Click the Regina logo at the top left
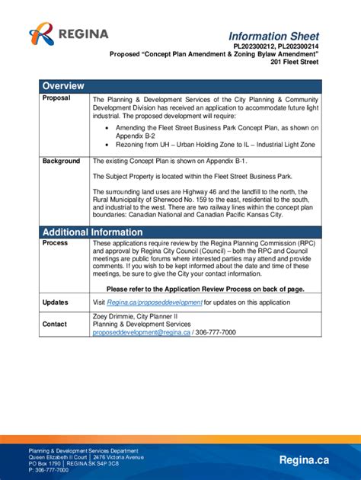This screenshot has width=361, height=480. (x=69, y=34)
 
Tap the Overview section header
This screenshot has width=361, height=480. (x=63, y=85)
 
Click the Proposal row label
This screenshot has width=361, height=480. (x=56, y=98)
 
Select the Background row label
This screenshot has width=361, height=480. (x=61, y=162)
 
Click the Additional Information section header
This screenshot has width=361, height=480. (x=92, y=232)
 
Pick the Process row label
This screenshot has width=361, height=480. (x=55, y=243)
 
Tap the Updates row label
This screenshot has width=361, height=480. (x=56, y=302)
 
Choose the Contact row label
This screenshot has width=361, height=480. (x=55, y=324)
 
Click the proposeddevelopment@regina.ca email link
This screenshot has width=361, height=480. (x=141, y=333)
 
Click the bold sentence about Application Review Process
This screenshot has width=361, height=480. (x=205, y=290)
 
